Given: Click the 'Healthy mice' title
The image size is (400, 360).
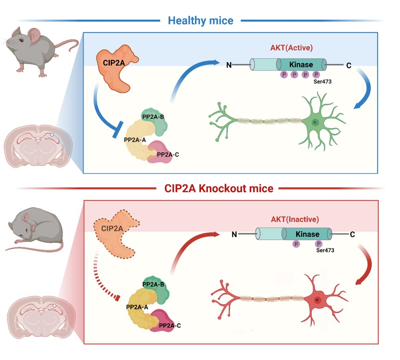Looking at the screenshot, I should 200,20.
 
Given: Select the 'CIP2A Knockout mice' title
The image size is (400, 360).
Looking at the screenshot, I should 219,189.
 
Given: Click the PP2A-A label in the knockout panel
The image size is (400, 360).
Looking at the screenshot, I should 138,307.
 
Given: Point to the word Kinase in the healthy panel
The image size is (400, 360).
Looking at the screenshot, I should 301,65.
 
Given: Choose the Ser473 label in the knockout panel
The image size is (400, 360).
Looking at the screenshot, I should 326,250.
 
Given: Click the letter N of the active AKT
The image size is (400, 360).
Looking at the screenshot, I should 229,65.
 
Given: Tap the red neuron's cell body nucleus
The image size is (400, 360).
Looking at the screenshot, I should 317,300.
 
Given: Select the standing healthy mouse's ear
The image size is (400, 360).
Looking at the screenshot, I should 34,34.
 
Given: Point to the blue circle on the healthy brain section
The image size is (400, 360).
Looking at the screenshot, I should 52,135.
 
